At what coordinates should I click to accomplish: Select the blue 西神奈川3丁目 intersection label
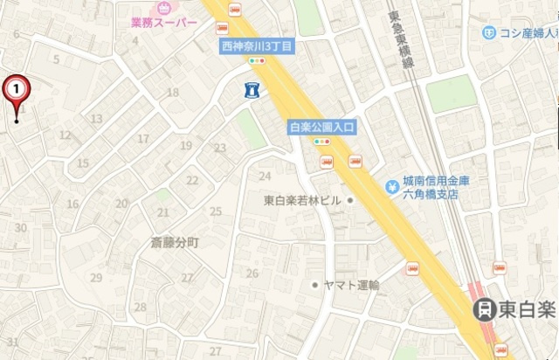click(257, 45)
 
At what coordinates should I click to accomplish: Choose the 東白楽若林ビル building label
click(303, 201)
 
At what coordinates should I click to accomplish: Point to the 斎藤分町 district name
click(174, 243)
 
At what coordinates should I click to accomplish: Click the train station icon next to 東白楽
click(483, 309)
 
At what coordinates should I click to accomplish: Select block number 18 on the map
click(172, 93)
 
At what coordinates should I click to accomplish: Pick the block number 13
click(97, 119)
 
